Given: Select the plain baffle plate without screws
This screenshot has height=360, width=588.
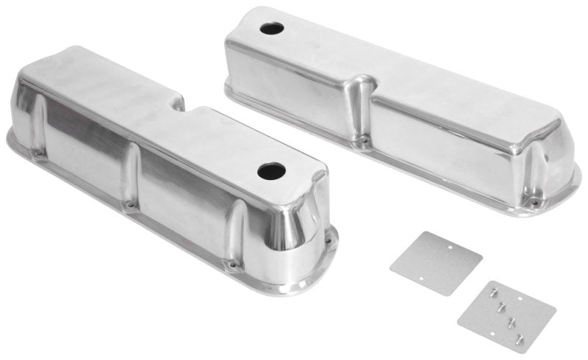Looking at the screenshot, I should coord(436,263).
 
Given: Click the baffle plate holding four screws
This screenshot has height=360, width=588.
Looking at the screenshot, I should coord(496,304).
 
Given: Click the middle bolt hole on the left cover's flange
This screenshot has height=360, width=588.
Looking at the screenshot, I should coord(130,204).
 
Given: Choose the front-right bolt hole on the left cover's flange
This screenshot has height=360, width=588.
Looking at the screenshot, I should coord(234,262).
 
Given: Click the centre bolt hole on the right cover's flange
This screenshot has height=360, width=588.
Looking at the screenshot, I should coord(362,137).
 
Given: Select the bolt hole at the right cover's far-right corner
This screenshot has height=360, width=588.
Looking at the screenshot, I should coord(535,201).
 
